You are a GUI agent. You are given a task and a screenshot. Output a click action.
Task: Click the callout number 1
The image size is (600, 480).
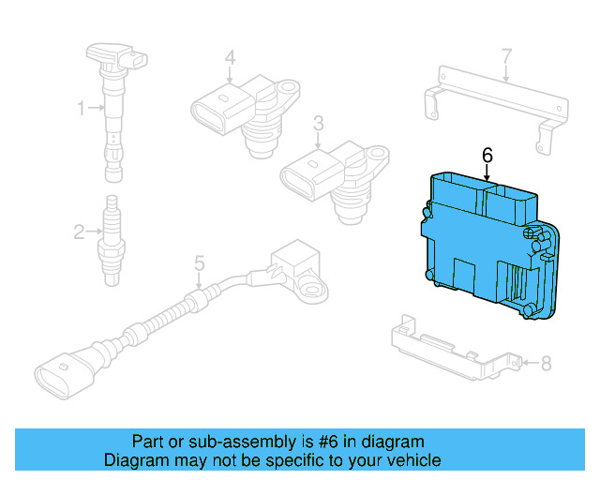81,109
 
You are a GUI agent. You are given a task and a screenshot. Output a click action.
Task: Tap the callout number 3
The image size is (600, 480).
319,123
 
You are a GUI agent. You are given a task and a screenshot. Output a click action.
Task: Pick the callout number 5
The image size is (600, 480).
199,263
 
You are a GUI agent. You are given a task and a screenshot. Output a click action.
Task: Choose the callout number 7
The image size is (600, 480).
506,56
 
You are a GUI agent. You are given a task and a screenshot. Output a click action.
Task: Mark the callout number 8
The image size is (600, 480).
547,362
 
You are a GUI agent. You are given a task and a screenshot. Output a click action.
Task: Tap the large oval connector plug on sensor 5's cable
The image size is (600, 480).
66,375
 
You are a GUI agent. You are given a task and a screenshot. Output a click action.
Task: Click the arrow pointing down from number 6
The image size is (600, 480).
487,171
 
